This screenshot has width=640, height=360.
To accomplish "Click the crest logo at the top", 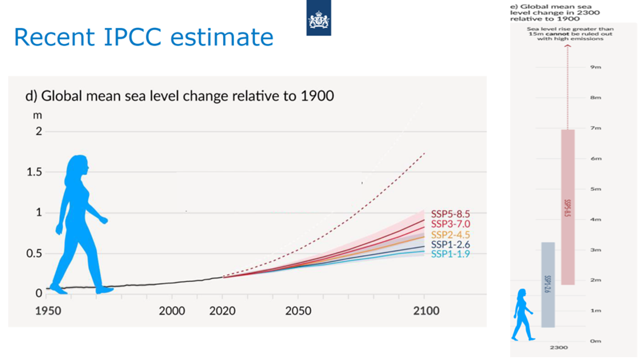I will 318,18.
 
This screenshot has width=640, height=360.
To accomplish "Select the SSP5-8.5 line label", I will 450,214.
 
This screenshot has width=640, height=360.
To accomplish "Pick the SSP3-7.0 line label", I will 450,224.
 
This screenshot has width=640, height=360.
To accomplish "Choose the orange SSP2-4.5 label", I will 450,235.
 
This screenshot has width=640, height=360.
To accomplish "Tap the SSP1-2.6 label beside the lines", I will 450,244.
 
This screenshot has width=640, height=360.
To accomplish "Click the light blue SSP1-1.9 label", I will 450,254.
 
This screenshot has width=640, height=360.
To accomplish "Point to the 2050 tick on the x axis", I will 298,310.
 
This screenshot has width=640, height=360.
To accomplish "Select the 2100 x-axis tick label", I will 426,310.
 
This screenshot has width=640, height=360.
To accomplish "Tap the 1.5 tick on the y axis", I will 35,172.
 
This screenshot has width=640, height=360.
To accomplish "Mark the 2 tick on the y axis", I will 39,132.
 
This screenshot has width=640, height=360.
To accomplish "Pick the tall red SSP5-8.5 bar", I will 568,206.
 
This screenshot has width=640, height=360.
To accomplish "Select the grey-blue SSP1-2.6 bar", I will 548,284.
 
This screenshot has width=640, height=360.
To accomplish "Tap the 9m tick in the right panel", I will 596,67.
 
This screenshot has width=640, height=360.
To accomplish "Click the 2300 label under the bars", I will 559,347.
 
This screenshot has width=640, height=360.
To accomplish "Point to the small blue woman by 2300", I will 522,314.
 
